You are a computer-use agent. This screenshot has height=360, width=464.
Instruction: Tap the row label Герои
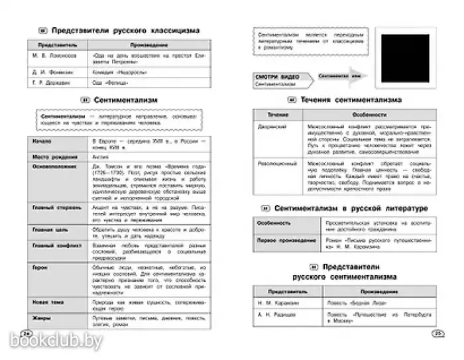coord(40,267)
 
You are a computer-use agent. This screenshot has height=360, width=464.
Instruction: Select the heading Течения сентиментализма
coord(349,100)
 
